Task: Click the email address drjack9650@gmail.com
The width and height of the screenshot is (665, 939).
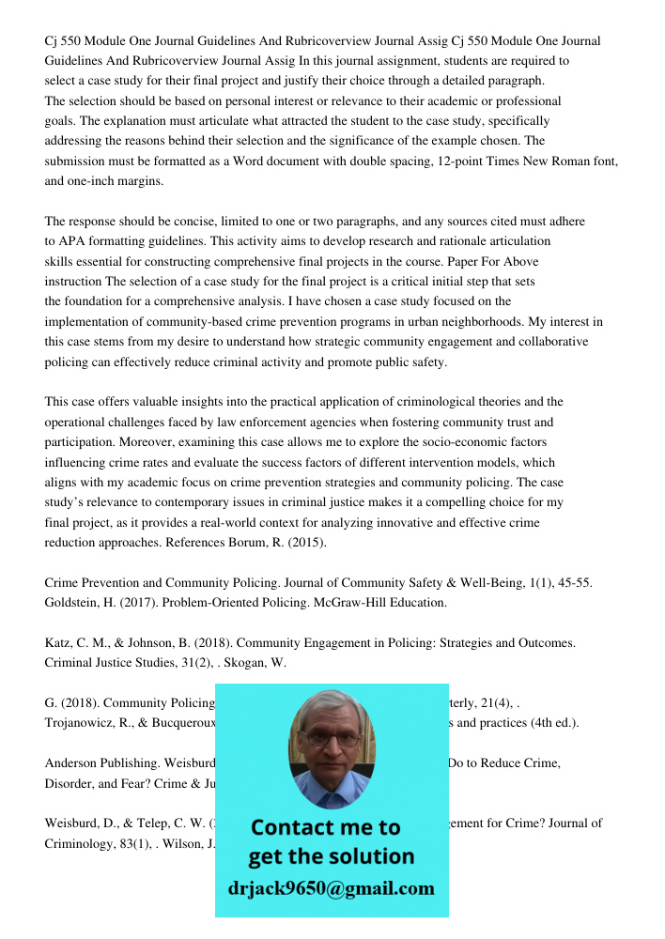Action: pos(331,887)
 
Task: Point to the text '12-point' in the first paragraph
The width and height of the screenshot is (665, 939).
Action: pos(461,161)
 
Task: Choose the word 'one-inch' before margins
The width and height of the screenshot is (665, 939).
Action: pos(92,181)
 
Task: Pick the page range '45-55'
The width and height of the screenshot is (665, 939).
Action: pos(571,583)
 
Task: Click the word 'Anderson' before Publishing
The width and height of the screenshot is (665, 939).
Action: pos(73,763)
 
